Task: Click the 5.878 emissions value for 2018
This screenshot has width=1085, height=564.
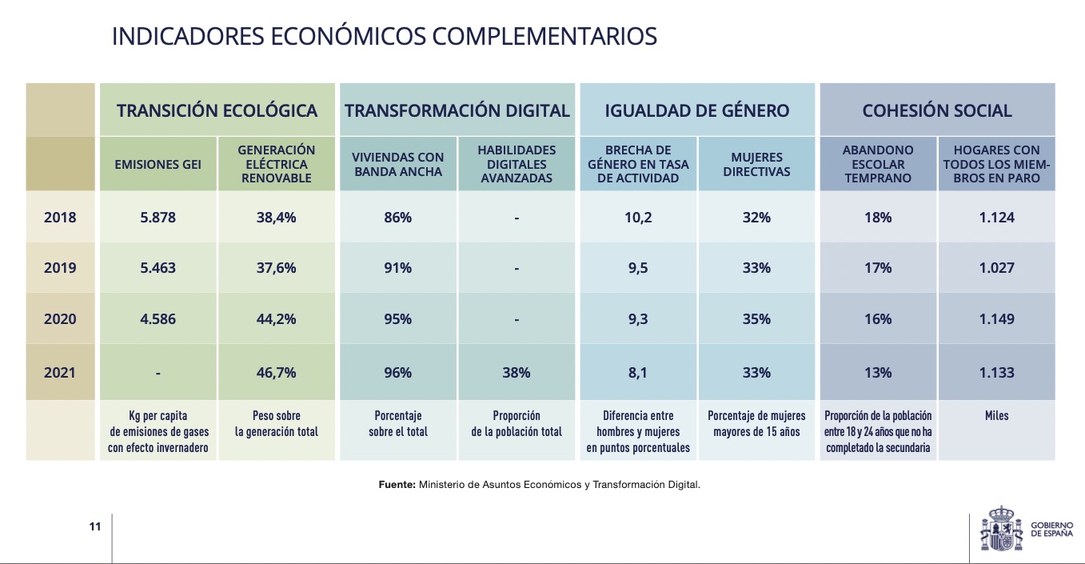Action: pos(158,218)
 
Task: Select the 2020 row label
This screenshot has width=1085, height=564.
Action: pos(60,319)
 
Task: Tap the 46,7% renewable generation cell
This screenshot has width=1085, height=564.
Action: pos(276,373)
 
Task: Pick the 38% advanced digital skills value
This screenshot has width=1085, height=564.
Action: pos(516,373)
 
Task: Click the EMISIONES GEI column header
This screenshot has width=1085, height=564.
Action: pos(158,165)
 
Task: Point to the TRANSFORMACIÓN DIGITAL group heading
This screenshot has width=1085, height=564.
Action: pos(457,110)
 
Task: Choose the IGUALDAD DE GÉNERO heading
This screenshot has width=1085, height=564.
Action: pos(697,110)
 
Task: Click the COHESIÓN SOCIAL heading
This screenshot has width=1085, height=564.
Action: pos(937,110)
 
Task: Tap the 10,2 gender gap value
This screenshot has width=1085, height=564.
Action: pos(637,218)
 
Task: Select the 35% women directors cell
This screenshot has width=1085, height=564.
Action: pos(756,319)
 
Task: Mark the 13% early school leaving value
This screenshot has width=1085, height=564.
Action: pos(877,373)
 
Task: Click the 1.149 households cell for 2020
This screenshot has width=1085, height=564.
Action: pos(996,319)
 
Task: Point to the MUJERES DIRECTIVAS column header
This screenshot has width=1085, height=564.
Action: pos(756,165)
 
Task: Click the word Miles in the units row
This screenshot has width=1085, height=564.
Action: pos(996,416)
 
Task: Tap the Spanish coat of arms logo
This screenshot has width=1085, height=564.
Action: pos(1000,529)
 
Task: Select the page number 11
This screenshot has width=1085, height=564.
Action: pos(95,526)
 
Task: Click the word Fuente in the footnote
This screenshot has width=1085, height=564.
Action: pos(396,485)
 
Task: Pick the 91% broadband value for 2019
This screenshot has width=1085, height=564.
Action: pos(397,268)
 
